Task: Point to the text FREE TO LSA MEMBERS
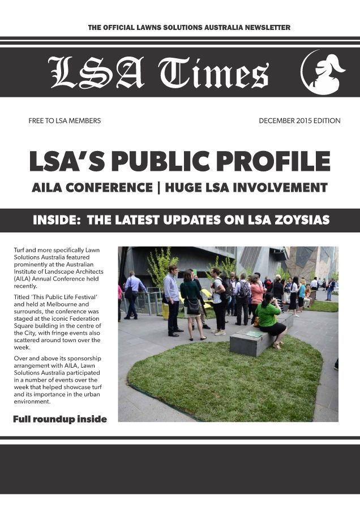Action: [x=65, y=120]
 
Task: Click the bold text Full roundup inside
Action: [x=59, y=419]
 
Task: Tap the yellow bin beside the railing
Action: [x=166, y=310]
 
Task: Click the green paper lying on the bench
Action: [x=254, y=334]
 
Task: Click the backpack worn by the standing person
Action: [x=243, y=290]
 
